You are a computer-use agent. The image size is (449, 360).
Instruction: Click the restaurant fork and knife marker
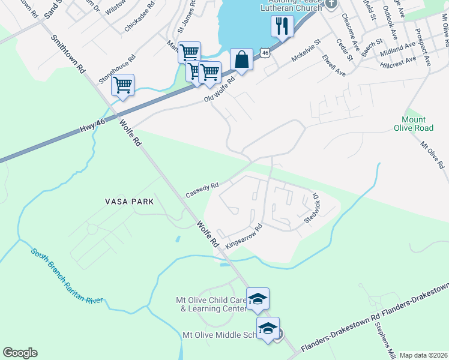[282, 26]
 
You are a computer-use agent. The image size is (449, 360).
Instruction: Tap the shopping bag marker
[241, 60]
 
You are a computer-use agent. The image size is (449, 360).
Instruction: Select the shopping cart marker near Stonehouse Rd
[122, 85]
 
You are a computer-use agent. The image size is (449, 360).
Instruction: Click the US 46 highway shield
[265, 53]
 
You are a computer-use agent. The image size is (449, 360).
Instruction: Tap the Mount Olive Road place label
[413, 123]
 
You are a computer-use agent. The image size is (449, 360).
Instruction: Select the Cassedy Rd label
[202, 190]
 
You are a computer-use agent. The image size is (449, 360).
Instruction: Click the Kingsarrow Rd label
[244, 238]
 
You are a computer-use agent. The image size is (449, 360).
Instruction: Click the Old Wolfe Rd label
[220, 89]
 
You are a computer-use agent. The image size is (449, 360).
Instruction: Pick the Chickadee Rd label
[139, 20]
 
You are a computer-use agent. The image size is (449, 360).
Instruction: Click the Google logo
[20, 353]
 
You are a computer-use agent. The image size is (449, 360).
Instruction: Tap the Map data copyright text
[423, 355]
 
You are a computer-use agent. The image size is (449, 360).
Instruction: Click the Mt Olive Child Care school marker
[258, 298]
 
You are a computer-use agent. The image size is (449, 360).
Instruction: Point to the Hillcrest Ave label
[399, 61]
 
